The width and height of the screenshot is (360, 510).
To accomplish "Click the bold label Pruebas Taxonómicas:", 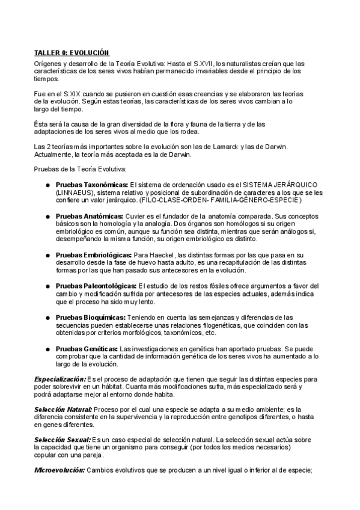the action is [x=92, y=183].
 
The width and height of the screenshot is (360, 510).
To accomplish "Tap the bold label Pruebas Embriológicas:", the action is [x=93, y=254].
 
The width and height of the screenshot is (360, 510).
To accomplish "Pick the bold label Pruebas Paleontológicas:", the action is [x=96, y=286].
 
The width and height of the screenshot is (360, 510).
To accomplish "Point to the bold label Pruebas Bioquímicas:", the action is [x=91, y=317].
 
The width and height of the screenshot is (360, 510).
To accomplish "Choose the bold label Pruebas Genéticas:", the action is [x=87, y=348].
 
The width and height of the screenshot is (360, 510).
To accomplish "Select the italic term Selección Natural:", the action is [x=63, y=409].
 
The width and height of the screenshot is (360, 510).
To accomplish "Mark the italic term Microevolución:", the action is [x=59, y=470].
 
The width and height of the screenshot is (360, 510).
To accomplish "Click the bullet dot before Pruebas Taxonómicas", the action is [x=47, y=184].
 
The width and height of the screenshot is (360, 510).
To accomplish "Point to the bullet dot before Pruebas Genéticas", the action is [x=47, y=349].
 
